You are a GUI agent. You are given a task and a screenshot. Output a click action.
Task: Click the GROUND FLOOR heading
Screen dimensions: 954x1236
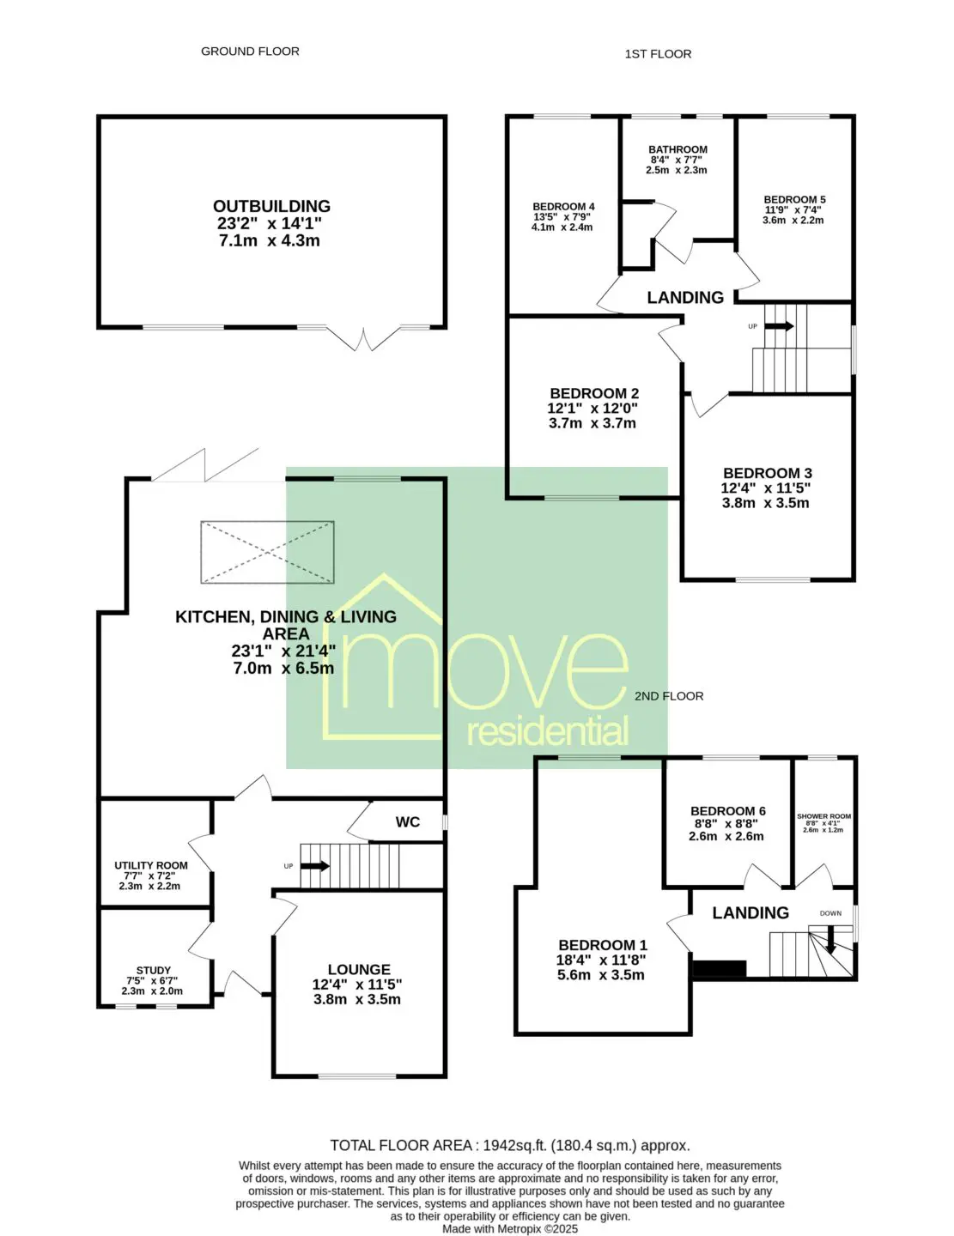point(250,51)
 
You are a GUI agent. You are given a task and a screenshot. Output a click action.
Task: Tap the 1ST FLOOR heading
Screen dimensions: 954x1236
point(658,54)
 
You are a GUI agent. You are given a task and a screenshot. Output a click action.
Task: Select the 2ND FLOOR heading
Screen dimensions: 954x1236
point(668,695)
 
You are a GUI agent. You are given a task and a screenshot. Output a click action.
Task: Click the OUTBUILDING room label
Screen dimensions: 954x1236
point(271,206)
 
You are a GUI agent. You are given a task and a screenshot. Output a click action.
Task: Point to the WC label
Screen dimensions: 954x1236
point(407,821)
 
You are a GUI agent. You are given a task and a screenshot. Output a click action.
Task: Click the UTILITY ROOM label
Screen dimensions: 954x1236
point(151,865)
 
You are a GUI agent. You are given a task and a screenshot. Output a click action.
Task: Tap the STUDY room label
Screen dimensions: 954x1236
point(154,970)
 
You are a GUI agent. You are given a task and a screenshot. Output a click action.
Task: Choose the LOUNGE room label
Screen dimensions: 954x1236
point(359,969)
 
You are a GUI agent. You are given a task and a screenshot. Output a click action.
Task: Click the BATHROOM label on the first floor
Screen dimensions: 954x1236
point(678,149)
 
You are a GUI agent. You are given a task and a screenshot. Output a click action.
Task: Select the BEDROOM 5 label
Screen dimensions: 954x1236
point(794,200)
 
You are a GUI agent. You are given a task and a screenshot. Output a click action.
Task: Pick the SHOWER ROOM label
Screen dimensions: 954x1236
point(823,816)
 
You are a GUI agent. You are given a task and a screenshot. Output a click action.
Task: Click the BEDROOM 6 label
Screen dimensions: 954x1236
point(727,810)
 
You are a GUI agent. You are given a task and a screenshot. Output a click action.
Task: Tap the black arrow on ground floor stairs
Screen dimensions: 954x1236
point(314,866)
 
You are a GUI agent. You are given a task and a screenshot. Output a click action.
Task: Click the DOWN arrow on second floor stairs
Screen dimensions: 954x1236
point(830,940)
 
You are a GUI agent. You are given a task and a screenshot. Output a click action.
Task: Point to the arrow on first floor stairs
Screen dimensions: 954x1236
point(779,326)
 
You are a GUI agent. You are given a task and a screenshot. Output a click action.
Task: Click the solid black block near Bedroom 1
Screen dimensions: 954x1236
point(719,969)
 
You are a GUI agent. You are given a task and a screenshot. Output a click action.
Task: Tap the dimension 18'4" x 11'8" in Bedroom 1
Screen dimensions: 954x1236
point(601,960)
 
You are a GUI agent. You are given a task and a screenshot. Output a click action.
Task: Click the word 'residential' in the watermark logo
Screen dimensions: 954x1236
point(547,731)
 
